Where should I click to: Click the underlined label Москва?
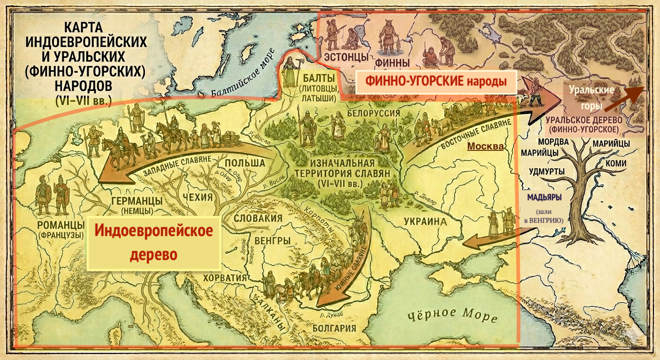click(x=485, y=146)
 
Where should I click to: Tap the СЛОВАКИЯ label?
click(x=258, y=218)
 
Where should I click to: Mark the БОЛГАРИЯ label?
click(x=334, y=328)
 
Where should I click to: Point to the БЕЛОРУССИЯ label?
click(x=374, y=113)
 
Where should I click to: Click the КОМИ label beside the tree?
click(x=615, y=164)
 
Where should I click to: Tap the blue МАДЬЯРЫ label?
click(x=544, y=197)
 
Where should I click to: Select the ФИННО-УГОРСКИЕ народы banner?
click(x=436, y=81)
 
